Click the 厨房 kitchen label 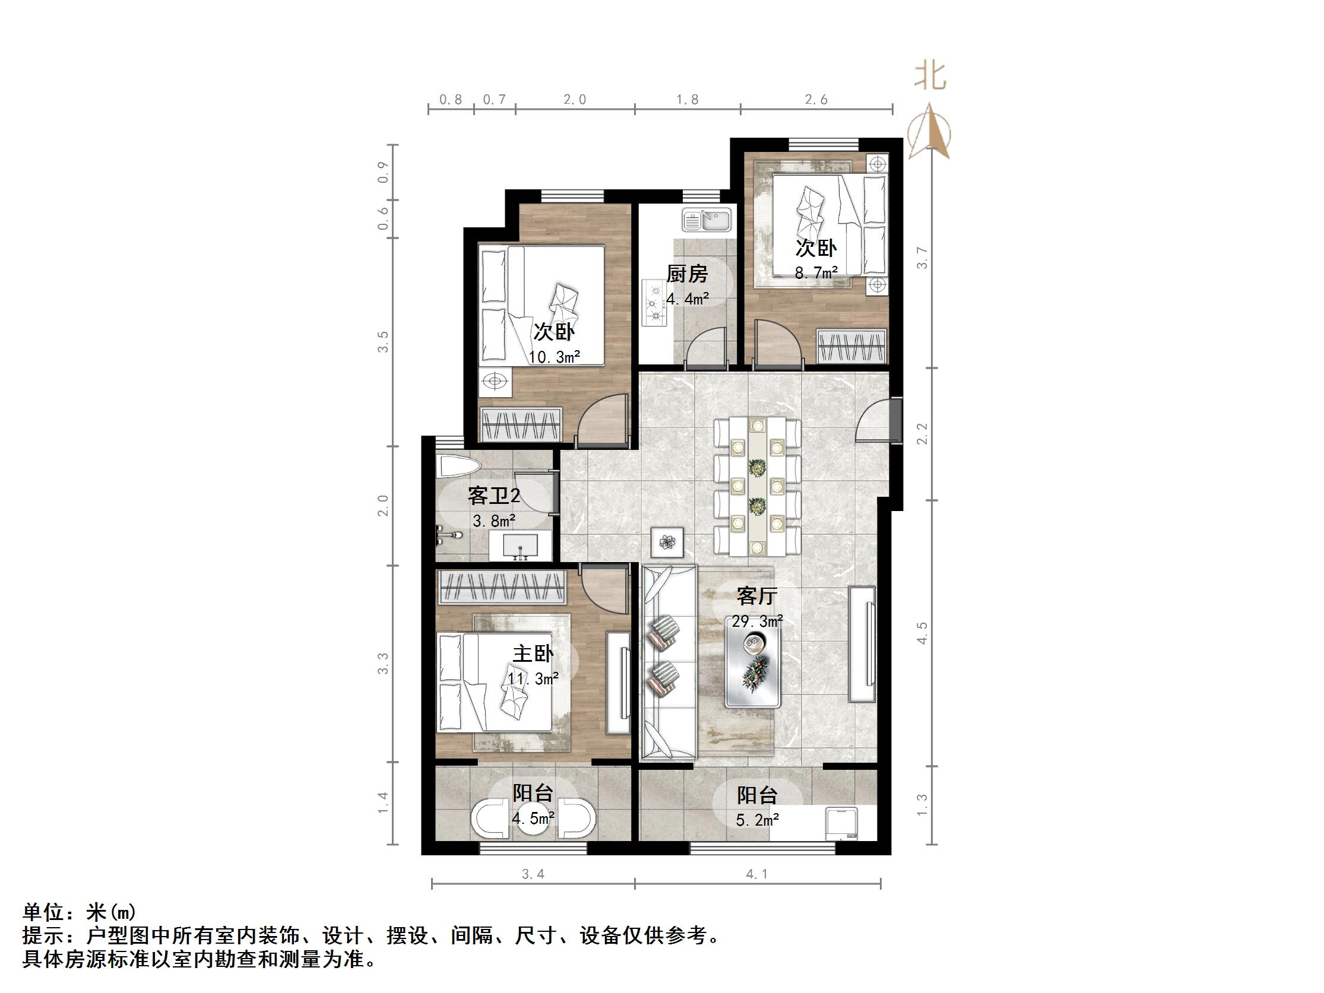[686, 274]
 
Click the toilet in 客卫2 [458, 467]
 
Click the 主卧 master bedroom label [533, 653]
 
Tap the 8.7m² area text [815, 273]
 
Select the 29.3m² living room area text [756, 621]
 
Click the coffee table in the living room [753, 661]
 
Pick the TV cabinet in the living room [862, 644]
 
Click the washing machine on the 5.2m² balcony [841, 824]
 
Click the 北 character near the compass [930, 77]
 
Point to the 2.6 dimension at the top [816, 100]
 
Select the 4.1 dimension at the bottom [756, 874]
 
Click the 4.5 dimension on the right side [922, 633]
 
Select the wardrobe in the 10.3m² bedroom [521, 425]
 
